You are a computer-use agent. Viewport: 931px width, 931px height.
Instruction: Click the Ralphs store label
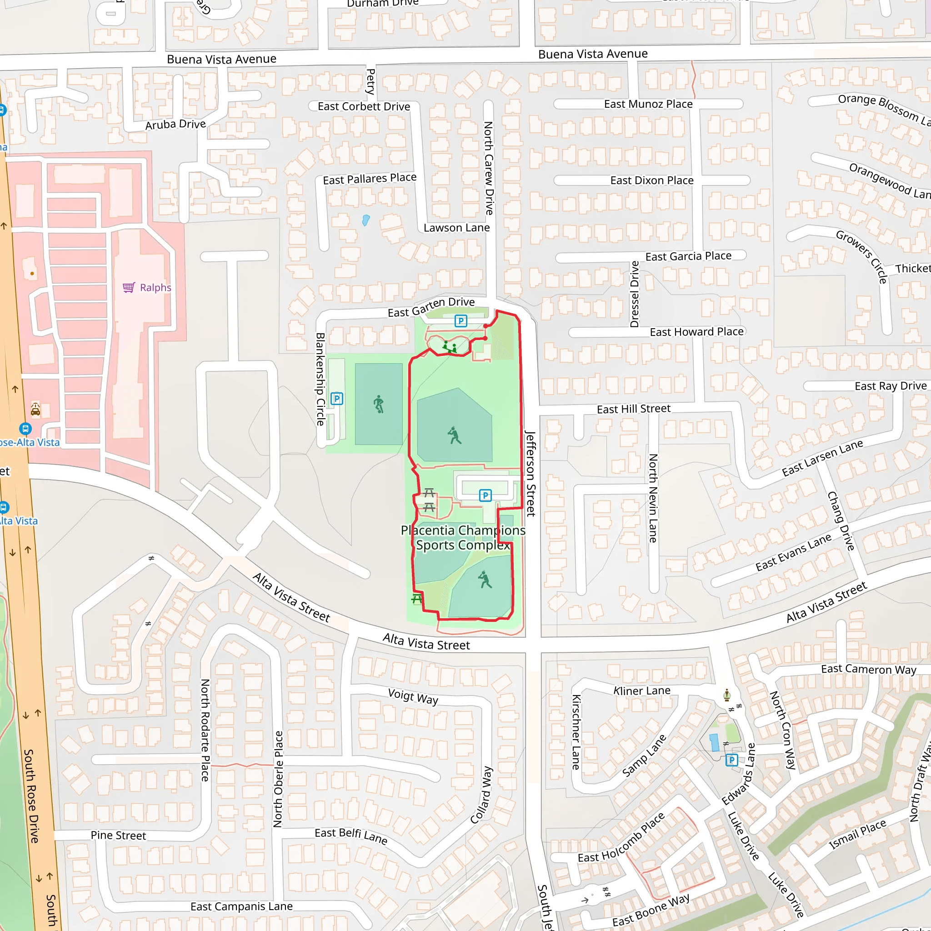155,288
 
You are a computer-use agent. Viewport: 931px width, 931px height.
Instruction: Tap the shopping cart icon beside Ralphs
129,288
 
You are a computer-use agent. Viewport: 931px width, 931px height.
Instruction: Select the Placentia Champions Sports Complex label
463,537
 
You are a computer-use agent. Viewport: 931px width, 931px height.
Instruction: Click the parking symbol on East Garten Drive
460,321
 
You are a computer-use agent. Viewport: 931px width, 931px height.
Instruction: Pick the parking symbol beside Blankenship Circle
337,399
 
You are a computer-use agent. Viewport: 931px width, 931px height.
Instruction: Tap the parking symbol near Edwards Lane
731,760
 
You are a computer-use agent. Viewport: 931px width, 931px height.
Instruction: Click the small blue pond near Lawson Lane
366,220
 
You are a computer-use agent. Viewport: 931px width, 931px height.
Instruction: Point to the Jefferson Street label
530,473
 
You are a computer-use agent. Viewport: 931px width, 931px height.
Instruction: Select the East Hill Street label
633,409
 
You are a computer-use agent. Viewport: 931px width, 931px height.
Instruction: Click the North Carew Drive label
489,168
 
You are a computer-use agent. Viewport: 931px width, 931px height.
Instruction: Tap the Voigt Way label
413,697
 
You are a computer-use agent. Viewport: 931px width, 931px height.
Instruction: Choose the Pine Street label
118,835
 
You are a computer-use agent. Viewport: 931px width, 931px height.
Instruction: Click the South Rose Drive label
31,796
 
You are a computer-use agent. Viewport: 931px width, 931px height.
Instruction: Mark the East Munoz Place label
648,104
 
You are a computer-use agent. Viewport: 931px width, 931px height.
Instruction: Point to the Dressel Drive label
635,294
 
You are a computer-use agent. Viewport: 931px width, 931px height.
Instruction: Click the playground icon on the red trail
450,347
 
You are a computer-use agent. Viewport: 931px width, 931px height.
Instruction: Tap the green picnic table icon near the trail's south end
417,599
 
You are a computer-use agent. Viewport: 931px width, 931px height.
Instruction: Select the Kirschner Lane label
576,731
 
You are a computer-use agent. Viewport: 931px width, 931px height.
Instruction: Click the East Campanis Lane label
241,906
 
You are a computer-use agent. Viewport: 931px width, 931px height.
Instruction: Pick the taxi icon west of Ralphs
35,409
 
